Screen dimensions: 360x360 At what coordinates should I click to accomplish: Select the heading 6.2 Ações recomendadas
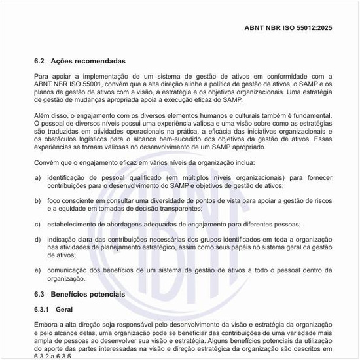point(71,62)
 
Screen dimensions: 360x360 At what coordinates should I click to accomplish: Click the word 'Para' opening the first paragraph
point(41,77)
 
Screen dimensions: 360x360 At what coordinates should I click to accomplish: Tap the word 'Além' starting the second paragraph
point(43,115)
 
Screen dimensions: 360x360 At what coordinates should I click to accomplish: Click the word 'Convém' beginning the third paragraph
point(46,162)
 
